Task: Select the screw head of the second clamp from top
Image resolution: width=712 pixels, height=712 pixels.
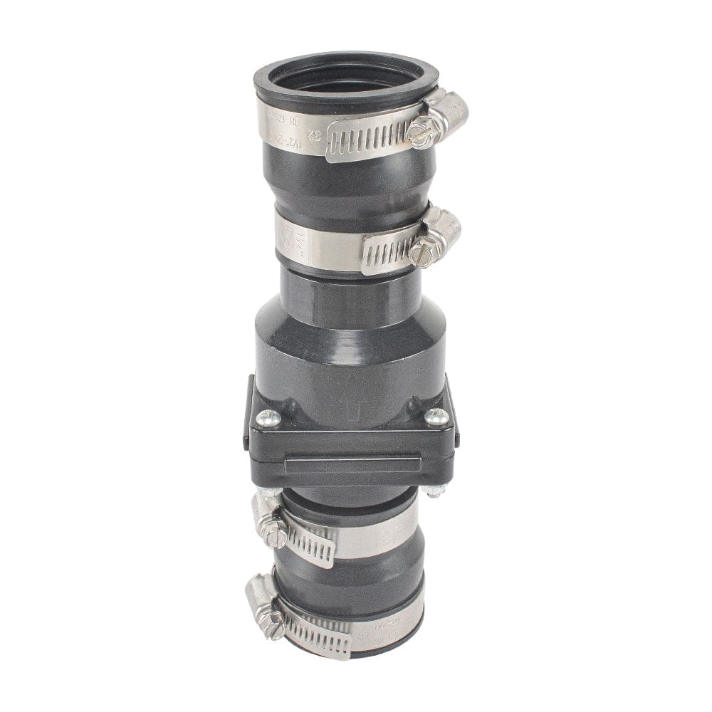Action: click(422, 252)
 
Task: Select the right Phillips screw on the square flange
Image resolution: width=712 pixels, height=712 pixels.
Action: click(436, 417)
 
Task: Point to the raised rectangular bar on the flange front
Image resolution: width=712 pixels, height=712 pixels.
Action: click(349, 466)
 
